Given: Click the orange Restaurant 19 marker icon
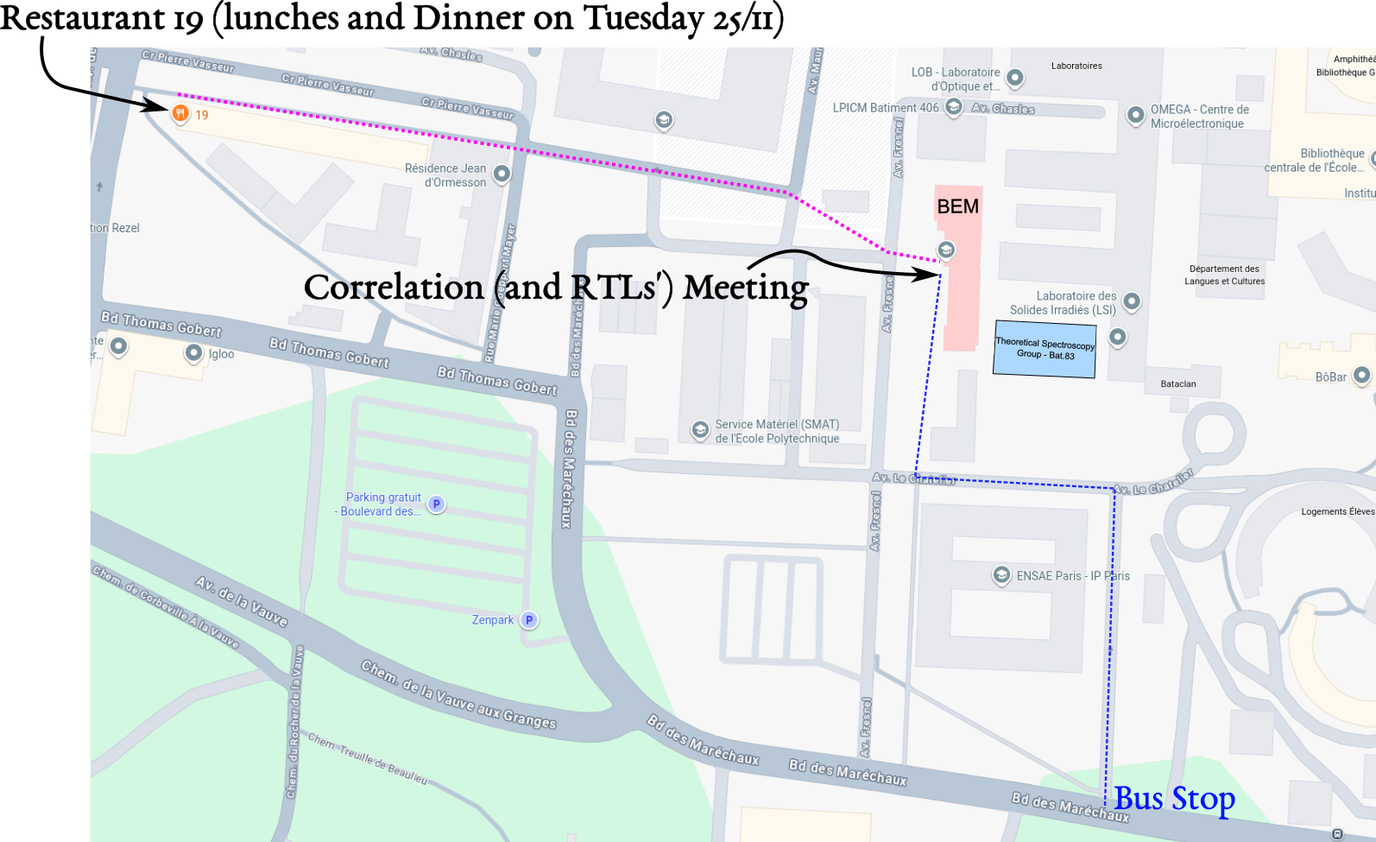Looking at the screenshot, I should [x=180, y=113].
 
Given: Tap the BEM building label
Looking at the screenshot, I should [x=957, y=206].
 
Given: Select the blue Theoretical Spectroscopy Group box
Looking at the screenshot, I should [x=1045, y=349].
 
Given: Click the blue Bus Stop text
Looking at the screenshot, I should [x=1174, y=799].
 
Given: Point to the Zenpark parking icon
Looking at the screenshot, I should [x=529, y=620].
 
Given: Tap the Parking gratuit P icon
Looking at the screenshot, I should [x=437, y=504].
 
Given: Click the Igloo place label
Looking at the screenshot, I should [x=221, y=354].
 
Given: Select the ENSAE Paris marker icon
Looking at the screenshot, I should [x=1001, y=574].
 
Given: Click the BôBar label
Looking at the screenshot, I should [x=1330, y=377].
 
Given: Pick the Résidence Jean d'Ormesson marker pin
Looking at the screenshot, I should [x=502, y=174].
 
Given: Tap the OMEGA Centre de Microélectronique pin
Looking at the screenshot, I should [x=1136, y=114].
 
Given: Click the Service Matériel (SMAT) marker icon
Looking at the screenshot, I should [x=700, y=429].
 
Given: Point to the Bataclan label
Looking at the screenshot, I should [x=1178, y=384].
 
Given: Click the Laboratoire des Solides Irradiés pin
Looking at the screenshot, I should [x=1132, y=301].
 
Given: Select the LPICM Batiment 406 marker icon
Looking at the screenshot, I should [x=954, y=107].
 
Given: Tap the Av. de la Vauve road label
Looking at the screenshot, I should [x=242, y=601].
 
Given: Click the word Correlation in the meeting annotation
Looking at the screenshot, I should [x=394, y=288].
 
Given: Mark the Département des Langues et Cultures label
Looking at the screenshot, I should [x=1224, y=275].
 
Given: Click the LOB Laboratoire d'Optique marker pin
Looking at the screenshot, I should [x=1015, y=78].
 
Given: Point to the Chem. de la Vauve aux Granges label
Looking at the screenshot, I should [x=458, y=695].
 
